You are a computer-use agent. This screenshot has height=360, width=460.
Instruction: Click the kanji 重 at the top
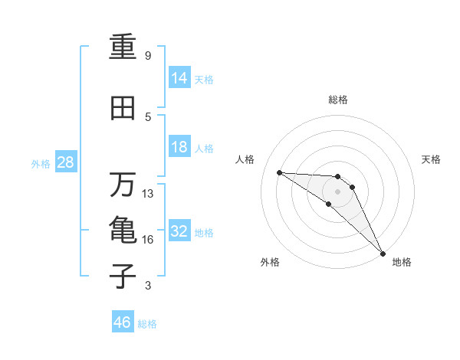pyautogui.click(x=123, y=47)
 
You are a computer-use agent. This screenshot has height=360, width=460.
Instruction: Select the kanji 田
pyautogui.click(x=123, y=108)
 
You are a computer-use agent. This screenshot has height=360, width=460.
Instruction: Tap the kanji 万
pyautogui.click(x=123, y=184)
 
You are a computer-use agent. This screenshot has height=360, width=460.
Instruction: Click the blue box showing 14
pyautogui.click(x=180, y=78)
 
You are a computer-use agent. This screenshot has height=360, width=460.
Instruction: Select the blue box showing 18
pyautogui.click(x=180, y=147)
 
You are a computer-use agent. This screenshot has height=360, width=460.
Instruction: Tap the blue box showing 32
pyautogui.click(x=180, y=231)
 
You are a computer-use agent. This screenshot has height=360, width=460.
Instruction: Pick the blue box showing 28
pyautogui.click(x=65, y=162)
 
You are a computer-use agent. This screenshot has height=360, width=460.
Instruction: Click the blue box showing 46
pyautogui.click(x=123, y=322)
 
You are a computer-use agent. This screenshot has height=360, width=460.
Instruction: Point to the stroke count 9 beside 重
pyautogui.click(x=148, y=56)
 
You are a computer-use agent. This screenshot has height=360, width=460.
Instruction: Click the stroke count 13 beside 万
pyautogui.click(x=148, y=194)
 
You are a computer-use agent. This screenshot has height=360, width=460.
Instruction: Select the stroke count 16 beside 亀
pyautogui.click(x=148, y=240)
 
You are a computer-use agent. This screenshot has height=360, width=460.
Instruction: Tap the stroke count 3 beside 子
pyautogui.click(x=148, y=286)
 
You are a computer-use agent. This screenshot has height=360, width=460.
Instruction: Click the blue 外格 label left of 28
pyautogui.click(x=41, y=163)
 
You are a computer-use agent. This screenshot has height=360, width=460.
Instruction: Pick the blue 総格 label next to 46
pyautogui.click(x=147, y=324)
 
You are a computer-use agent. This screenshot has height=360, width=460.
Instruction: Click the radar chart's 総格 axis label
pyautogui.click(x=337, y=100)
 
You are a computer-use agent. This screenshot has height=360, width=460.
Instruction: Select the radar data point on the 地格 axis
pyautogui.click(x=383, y=253)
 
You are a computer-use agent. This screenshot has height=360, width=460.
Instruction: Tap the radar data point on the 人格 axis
pyautogui.click(x=279, y=172)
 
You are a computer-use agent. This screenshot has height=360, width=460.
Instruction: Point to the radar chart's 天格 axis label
pyautogui.click(x=432, y=159)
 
